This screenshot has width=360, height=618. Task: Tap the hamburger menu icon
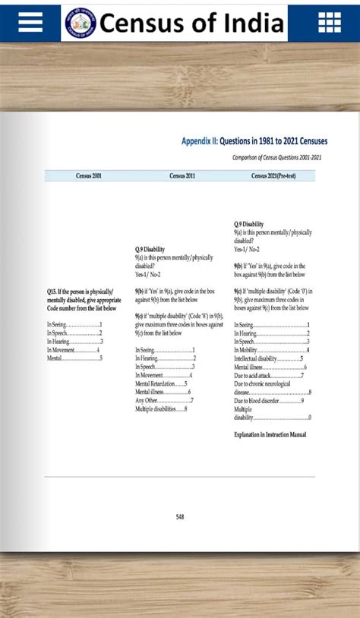(x=30, y=24)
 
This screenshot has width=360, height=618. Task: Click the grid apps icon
(x=330, y=24)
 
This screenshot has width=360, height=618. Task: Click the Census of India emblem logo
(x=80, y=24)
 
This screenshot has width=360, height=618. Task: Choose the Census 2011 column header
(x=182, y=176)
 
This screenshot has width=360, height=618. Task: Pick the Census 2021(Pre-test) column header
(x=276, y=176)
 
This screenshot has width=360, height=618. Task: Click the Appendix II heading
(x=254, y=141)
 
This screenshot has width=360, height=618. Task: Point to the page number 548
(x=180, y=517)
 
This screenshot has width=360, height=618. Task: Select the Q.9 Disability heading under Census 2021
(x=249, y=224)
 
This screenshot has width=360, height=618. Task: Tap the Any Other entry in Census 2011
(x=164, y=400)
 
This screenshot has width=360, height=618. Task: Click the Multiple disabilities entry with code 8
(x=161, y=409)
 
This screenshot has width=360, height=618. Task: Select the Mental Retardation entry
(x=161, y=383)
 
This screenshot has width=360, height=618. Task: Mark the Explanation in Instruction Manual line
(x=270, y=435)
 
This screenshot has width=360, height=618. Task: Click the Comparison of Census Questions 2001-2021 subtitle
(x=276, y=157)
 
